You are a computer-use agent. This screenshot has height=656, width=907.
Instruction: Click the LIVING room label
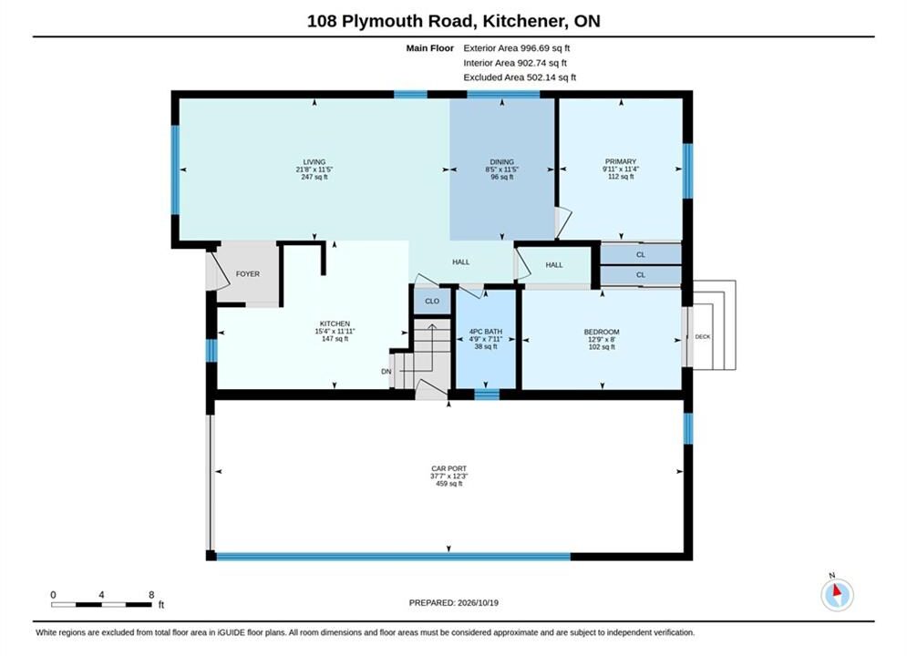click(314, 162)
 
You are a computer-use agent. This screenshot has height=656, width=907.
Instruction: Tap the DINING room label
click(501, 162)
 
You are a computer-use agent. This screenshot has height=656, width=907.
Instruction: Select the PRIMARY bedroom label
click(621, 161)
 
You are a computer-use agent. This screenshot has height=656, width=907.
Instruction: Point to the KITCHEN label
click(335, 323)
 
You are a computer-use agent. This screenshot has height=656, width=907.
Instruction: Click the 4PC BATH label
click(486, 332)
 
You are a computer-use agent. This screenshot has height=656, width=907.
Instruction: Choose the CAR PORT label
click(448, 468)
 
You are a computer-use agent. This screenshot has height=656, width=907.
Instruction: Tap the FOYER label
click(248, 274)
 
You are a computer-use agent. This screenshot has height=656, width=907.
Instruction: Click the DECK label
click(703, 337)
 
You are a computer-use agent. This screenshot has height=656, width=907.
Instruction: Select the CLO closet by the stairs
click(432, 302)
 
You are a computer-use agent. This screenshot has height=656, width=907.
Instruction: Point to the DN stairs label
click(386, 372)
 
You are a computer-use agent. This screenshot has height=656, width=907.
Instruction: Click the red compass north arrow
click(837, 590)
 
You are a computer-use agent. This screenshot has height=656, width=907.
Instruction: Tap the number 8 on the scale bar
click(151, 595)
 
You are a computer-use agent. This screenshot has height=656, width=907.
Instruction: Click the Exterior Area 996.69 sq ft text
click(517, 48)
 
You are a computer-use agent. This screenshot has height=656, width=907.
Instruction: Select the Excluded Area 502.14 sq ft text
click(520, 77)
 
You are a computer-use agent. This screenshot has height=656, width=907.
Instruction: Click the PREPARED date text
click(454, 603)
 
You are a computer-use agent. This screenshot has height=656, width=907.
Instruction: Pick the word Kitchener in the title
click(523, 21)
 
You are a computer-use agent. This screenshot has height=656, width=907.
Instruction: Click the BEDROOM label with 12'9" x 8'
click(602, 332)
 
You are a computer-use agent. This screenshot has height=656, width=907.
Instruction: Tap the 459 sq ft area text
click(448, 484)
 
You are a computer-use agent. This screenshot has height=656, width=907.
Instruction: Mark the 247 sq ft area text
click(314, 177)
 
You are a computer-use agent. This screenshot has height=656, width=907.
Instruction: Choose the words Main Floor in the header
click(429, 48)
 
